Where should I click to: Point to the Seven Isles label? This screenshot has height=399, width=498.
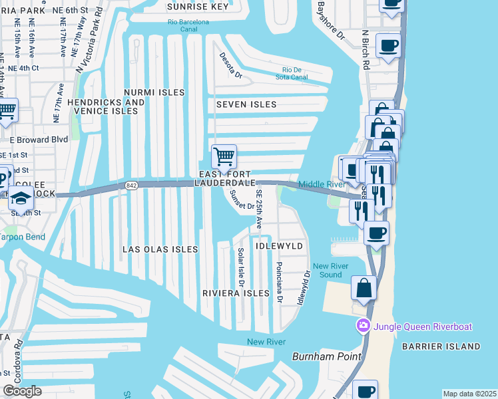246,104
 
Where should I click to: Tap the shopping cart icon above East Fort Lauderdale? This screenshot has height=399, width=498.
224,157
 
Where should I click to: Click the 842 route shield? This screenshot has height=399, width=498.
130,186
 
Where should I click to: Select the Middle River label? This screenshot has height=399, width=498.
321,184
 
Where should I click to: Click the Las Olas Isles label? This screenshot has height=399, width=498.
160,249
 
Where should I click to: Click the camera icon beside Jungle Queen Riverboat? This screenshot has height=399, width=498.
364,326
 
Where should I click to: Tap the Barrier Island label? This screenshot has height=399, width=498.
440,346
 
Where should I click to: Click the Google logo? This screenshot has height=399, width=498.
22,391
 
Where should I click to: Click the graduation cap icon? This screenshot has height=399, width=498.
21,198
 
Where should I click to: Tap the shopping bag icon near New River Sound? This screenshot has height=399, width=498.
364,288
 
